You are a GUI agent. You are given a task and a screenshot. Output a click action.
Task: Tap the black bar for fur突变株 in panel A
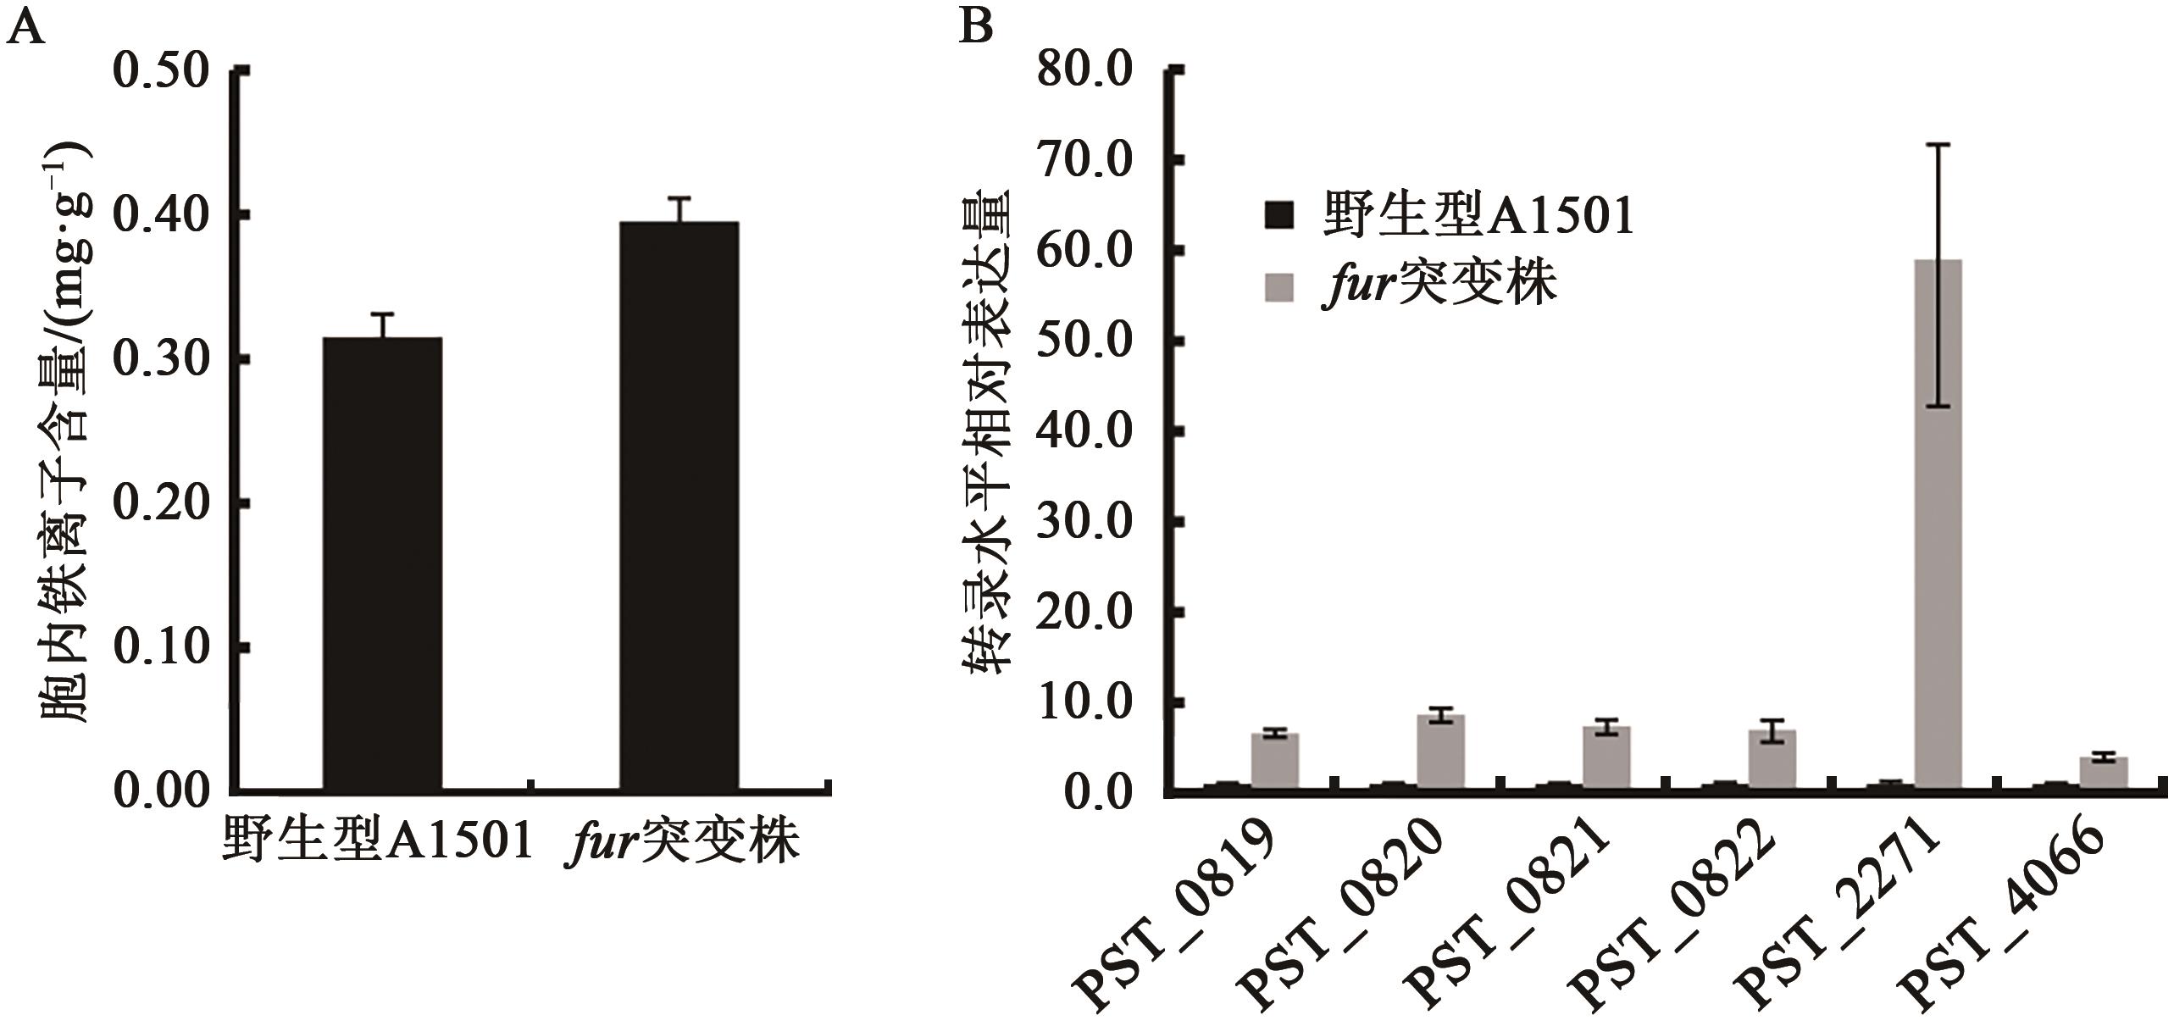[679, 506]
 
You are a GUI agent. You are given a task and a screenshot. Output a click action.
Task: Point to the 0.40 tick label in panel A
[161, 216]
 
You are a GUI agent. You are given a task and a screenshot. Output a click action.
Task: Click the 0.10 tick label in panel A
[161, 648]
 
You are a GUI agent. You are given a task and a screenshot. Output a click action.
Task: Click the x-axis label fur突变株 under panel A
[682, 841]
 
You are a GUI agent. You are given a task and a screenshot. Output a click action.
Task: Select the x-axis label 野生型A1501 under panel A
[378, 841]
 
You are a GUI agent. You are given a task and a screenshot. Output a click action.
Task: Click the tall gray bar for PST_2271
[1938, 525]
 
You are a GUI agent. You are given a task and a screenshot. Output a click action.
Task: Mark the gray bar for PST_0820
[1441, 753]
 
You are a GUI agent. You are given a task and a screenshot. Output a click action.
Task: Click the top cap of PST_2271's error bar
[1938, 145]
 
